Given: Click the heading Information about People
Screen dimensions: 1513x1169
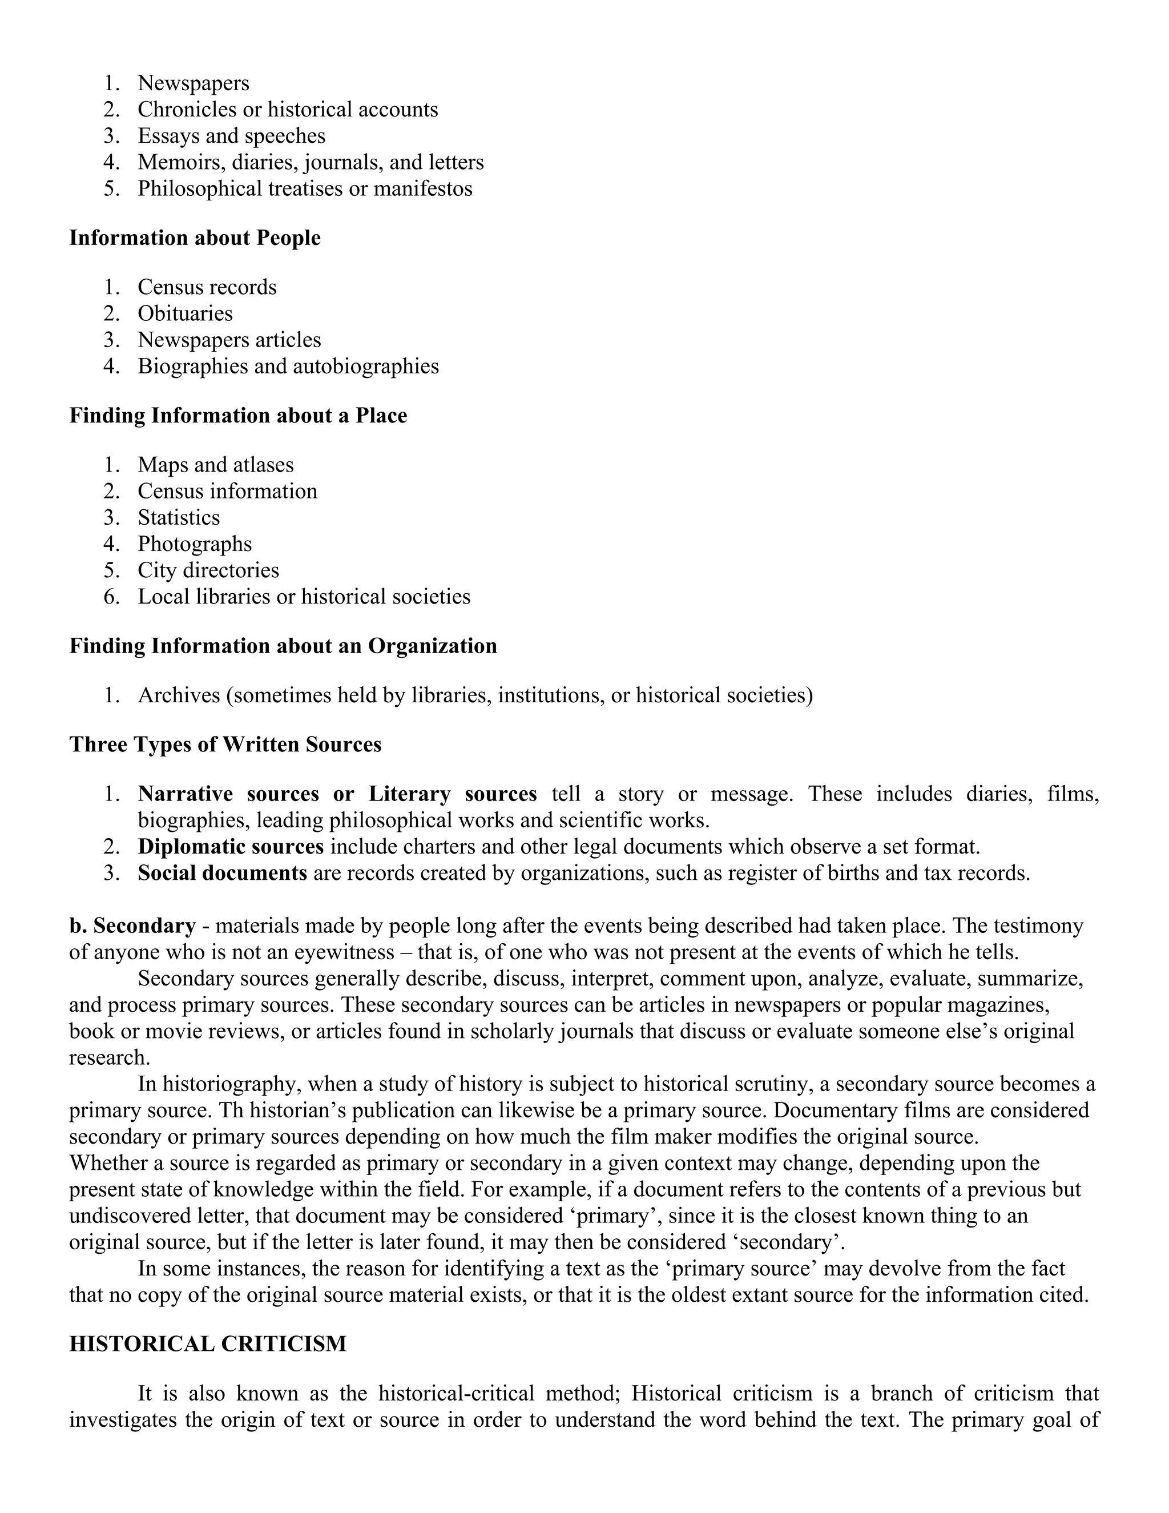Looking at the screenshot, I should (195, 238).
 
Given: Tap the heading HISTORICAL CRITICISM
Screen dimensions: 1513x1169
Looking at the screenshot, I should (207, 1344).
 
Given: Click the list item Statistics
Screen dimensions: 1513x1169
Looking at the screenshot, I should (179, 517).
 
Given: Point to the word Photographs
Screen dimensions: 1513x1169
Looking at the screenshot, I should (195, 544).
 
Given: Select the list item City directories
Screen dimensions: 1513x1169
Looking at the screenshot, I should (208, 570).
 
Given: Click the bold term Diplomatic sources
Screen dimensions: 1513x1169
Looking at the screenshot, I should (231, 847).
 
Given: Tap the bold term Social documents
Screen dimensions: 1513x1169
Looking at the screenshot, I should (222, 873).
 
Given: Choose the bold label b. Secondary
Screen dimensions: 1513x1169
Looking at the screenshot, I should (132, 925).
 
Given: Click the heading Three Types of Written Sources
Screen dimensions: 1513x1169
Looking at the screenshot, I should (225, 744).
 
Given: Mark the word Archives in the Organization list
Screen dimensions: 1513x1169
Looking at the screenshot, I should (179, 695).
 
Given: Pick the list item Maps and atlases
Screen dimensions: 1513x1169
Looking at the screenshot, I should (215, 465).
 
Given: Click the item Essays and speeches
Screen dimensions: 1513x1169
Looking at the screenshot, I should (231, 136).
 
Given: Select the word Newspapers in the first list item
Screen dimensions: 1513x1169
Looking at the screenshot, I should (194, 83).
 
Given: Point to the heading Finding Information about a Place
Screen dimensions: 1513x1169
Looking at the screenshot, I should (237, 416).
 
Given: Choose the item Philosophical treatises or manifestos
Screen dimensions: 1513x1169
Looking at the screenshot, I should (305, 188).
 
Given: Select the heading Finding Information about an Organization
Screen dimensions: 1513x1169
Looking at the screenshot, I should (283, 646).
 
